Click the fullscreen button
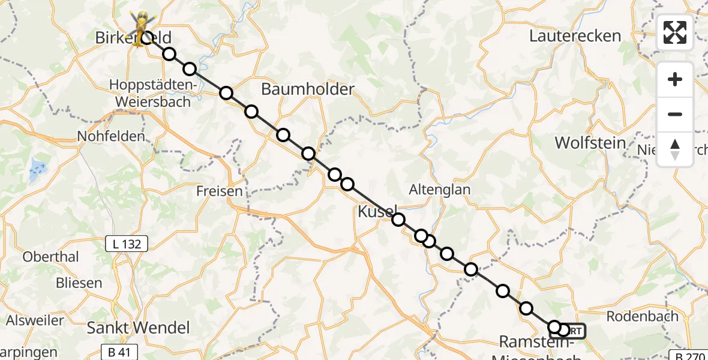pos(675,32)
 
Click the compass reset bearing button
pos(675,149)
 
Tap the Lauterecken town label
pos(575,36)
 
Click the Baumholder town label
pos(308,89)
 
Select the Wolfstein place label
pos(590,143)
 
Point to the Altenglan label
pos(439,190)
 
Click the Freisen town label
pos(220,191)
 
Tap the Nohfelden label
pos(111,136)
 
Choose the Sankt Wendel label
pos(138,328)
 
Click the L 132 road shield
pos(127,244)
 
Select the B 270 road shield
pos(688,356)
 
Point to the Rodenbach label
pos(642,316)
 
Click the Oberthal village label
pos(50,257)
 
